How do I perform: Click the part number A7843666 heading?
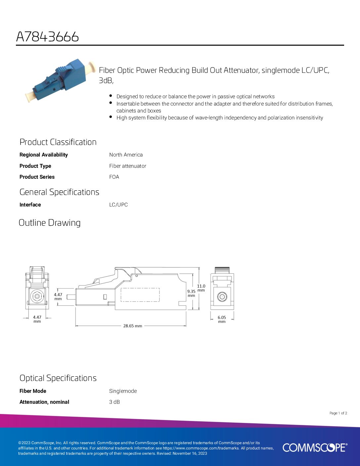(47, 37)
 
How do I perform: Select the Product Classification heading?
(58, 142)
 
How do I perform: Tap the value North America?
(126, 155)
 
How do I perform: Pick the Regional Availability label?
(43, 155)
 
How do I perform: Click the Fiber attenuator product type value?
(127, 166)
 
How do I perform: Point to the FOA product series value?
(114, 177)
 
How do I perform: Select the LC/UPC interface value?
(118, 205)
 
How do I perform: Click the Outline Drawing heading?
(50, 223)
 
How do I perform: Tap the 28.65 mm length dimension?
(132, 326)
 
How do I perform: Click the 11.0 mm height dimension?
(201, 288)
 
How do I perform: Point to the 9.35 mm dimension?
(191, 293)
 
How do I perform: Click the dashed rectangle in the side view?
(140, 295)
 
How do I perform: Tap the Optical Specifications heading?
(58, 378)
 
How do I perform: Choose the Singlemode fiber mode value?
(123, 391)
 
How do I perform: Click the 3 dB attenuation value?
(114, 402)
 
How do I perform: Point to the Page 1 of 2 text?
(338, 413)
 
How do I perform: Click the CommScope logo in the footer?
(315, 447)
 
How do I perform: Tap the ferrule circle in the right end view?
(222, 297)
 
